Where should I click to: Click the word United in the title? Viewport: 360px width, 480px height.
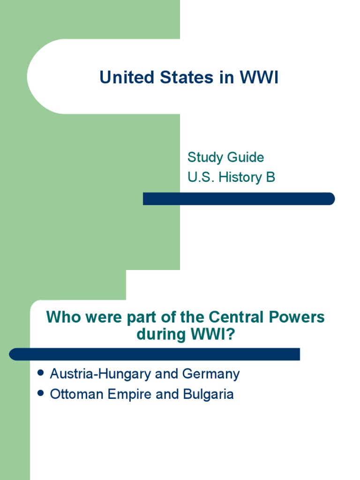(123, 78)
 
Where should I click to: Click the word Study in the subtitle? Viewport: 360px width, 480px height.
(203, 157)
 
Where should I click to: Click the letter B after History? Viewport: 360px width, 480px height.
(270, 178)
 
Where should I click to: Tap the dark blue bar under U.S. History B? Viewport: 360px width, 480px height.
(239, 199)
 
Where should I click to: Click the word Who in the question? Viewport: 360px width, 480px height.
(61, 317)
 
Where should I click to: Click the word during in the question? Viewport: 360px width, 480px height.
(157, 336)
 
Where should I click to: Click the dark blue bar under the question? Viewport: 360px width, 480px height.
(155, 354)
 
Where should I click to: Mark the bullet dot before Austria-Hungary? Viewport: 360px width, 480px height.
(40, 373)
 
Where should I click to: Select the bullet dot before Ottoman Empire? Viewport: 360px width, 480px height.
(40, 393)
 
